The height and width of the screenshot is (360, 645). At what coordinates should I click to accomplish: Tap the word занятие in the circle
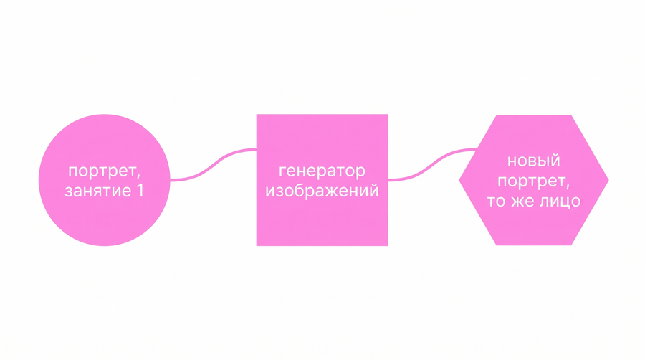click(97, 191)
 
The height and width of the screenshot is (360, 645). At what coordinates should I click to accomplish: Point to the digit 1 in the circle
click(140, 191)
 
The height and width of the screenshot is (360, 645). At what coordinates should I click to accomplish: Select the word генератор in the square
click(322, 171)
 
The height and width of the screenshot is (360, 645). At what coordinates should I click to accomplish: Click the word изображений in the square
click(322, 191)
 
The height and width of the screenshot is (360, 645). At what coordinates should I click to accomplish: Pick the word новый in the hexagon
click(533, 161)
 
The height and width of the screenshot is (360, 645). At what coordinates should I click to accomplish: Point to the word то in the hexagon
click(497, 202)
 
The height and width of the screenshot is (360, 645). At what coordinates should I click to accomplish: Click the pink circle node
click(104, 180)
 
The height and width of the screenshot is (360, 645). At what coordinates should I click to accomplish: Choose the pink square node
click(322, 180)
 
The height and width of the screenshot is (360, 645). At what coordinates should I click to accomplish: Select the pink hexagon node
click(533, 180)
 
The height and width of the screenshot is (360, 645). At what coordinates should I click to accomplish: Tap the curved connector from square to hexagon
click(431, 164)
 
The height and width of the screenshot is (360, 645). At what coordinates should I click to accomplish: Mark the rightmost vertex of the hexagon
click(608, 180)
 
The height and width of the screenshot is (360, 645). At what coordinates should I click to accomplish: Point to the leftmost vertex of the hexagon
click(459, 180)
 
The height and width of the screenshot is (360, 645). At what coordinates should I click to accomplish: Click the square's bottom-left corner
click(257, 246)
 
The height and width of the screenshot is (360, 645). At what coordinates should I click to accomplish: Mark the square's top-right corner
click(388, 114)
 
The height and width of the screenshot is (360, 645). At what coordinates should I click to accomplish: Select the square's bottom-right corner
click(388, 246)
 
